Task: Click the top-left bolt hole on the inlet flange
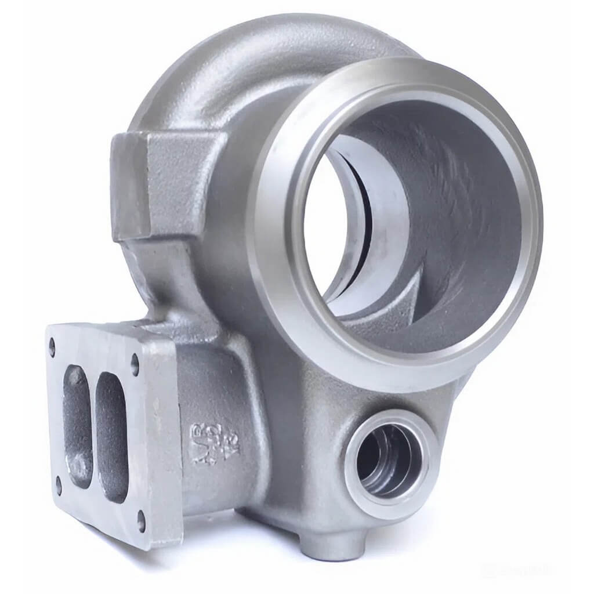point(52,347)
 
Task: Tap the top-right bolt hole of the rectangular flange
point(135,365)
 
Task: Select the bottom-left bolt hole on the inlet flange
point(59,484)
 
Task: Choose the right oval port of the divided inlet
point(111,435)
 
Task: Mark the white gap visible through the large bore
point(322,232)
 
